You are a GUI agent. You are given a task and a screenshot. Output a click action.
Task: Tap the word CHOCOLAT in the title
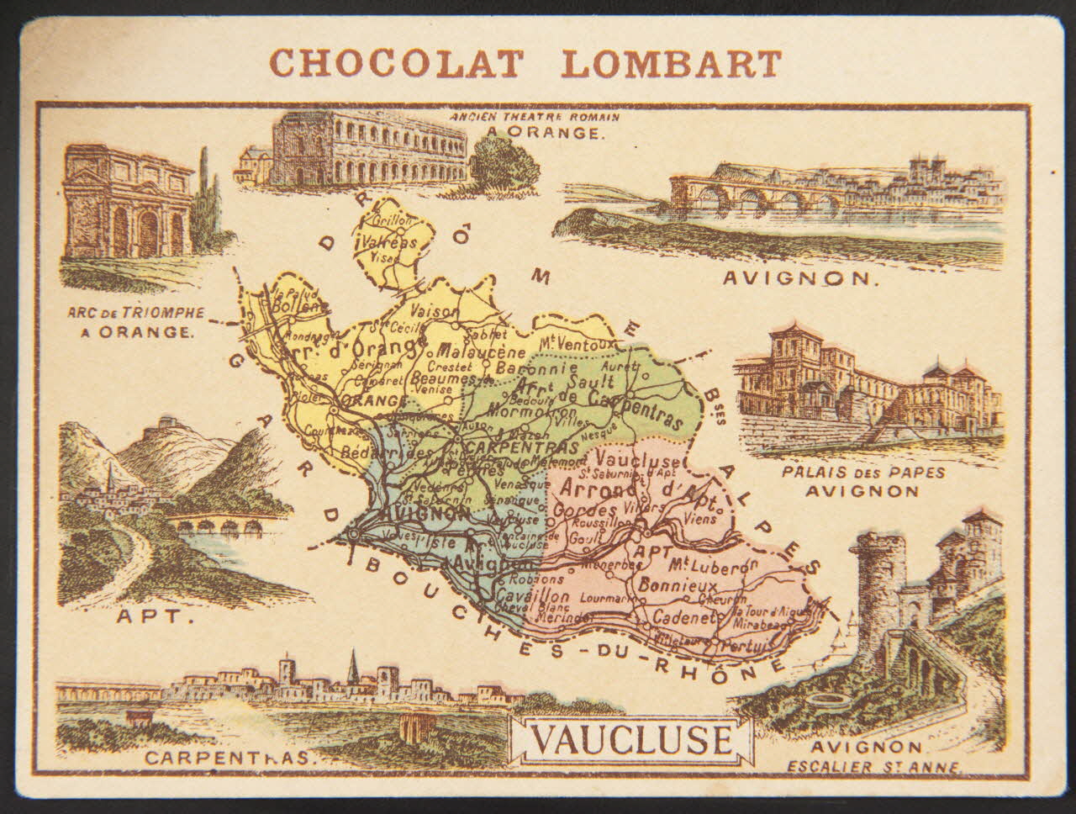point(396,63)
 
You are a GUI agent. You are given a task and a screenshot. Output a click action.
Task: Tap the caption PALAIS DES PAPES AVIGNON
point(862,480)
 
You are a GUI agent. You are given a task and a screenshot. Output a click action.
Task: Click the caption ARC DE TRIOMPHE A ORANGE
point(134,321)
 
